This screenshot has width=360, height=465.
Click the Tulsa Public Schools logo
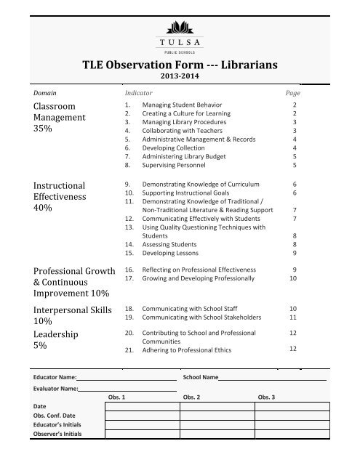[179, 36]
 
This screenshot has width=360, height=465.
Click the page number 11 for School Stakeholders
[293, 318]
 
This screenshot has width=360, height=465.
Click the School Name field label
[201, 378]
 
